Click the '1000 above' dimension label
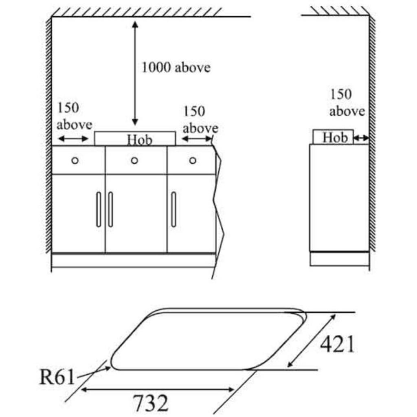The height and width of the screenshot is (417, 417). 176,67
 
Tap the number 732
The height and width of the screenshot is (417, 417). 151,404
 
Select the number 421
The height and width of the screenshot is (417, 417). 337,345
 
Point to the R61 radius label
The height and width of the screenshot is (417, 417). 57,377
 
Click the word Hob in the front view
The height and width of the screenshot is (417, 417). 139,140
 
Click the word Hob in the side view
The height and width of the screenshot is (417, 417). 335,138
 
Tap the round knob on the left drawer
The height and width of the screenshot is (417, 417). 75,160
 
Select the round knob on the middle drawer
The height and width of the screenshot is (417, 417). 134,160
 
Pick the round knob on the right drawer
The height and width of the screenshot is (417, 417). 193,160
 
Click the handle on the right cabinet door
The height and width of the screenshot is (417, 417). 173,209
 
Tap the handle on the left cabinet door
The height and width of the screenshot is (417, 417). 99,209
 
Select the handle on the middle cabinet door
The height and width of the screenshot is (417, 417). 110,209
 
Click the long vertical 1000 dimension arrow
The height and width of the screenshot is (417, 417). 135,73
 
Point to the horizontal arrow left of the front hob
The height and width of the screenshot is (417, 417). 73,139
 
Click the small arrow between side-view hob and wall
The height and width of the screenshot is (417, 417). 361,139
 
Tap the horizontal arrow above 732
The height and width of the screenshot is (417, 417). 158,390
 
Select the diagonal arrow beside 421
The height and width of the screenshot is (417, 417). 312,340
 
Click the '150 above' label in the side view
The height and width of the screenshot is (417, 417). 347,103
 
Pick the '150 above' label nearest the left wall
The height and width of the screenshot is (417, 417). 74,116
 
